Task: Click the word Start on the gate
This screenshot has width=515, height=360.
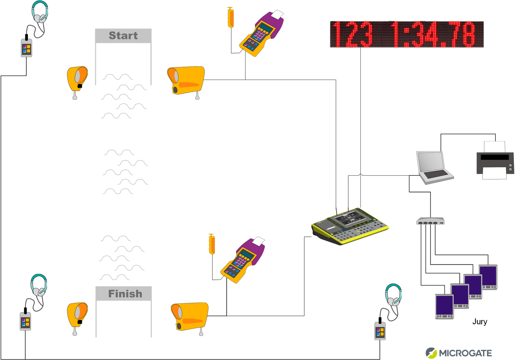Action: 123,36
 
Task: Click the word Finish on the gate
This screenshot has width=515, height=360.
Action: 125,294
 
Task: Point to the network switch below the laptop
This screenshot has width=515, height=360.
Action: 430,221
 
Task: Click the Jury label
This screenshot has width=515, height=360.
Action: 480,322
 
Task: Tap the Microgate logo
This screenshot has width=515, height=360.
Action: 459,353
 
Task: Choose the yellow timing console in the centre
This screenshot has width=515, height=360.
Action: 350,226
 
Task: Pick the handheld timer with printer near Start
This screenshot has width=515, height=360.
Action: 261,34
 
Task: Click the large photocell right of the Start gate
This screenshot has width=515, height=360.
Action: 186,81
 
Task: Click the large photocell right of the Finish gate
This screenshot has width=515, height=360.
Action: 189,317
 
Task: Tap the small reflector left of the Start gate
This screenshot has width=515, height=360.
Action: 77,79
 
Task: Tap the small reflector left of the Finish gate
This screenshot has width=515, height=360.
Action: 77,315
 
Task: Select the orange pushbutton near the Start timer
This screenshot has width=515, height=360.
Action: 231,17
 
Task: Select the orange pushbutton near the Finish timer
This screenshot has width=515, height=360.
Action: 212,244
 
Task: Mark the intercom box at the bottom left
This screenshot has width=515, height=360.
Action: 25,321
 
